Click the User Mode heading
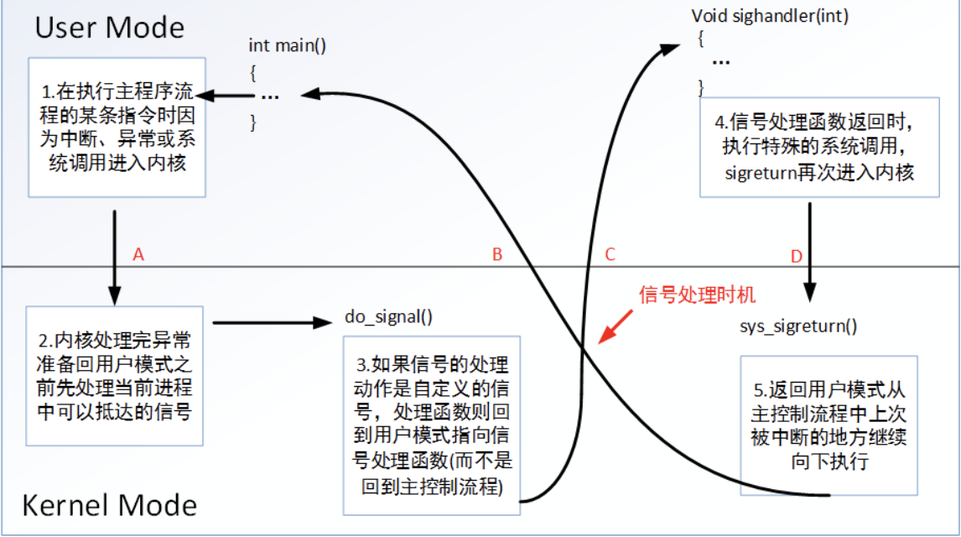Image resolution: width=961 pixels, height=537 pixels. coord(109,28)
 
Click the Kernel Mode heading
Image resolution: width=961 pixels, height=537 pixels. coord(109,505)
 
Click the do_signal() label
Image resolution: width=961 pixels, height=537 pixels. coord(388,316)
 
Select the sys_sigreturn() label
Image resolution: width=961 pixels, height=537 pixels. coord(798,326)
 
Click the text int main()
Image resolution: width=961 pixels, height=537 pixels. coord(287,45)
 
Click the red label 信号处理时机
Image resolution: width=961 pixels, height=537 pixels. coord(698,295)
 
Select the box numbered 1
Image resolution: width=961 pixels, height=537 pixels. coord(117,127)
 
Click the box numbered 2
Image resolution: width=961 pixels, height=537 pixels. coord(117,375)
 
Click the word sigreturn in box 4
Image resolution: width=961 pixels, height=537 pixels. coord(761,173)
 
